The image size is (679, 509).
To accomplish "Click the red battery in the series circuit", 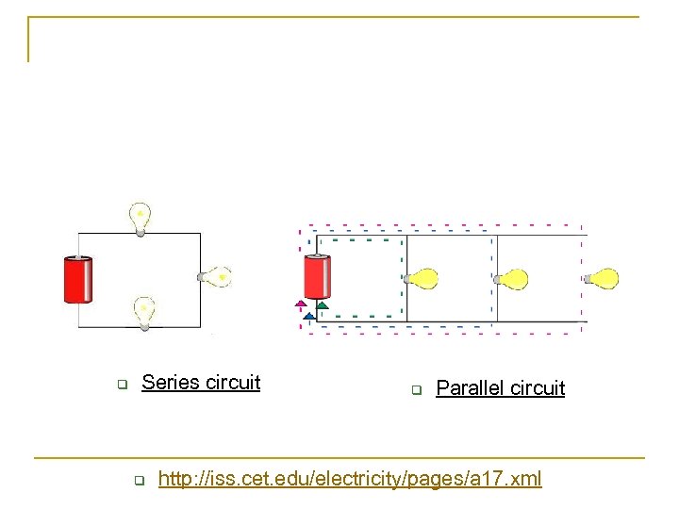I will (x=76, y=280).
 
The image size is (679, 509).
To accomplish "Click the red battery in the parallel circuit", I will (x=317, y=277).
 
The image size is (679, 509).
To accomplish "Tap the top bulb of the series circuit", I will (x=140, y=215).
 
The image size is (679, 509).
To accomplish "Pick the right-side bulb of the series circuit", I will (x=216, y=276).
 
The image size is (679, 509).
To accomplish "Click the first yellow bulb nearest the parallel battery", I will (x=422, y=278).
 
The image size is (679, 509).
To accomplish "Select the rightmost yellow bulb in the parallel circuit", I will (x=601, y=278).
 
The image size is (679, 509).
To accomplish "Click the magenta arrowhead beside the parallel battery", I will (x=300, y=304).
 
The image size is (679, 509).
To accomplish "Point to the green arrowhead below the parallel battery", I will (x=322, y=304).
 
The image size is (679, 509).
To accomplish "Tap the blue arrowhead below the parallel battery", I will (x=308, y=316).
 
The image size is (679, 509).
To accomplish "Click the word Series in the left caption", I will (x=169, y=382).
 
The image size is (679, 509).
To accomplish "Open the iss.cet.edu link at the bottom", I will (x=349, y=480).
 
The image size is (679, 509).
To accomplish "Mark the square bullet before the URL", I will (x=138, y=482).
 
